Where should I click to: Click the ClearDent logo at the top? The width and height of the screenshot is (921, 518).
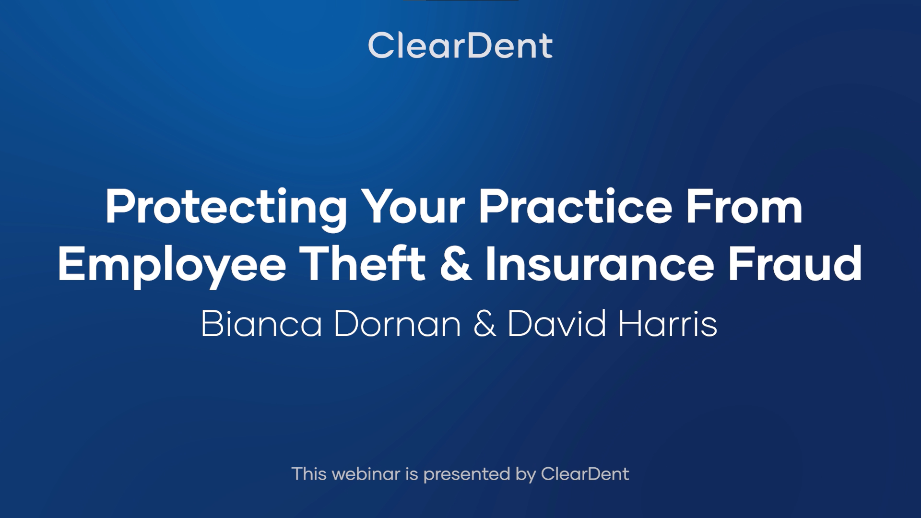pyautogui.click(x=460, y=46)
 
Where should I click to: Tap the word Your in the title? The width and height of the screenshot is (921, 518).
pyautogui.click(x=413, y=207)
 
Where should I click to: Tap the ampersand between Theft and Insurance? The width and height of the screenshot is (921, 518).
pyautogui.click(x=455, y=263)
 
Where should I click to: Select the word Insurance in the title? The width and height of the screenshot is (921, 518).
pyautogui.click(x=600, y=263)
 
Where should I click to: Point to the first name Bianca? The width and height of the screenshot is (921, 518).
pyautogui.click(x=261, y=324)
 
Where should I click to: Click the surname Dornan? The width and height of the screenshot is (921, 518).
pyautogui.click(x=398, y=324)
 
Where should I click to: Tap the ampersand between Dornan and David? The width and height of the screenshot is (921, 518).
pyautogui.click(x=484, y=324)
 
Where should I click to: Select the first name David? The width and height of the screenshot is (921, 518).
pyautogui.click(x=557, y=324)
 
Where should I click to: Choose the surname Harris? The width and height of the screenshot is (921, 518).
pyautogui.click(x=668, y=324)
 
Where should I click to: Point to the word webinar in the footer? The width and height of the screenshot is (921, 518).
pyautogui.click(x=366, y=474)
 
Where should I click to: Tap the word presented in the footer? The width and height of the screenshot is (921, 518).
pyautogui.click(x=466, y=475)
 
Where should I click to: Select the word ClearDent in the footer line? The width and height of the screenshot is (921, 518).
pyautogui.click(x=585, y=474)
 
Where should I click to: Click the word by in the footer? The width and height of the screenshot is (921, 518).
pyautogui.click(x=526, y=475)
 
